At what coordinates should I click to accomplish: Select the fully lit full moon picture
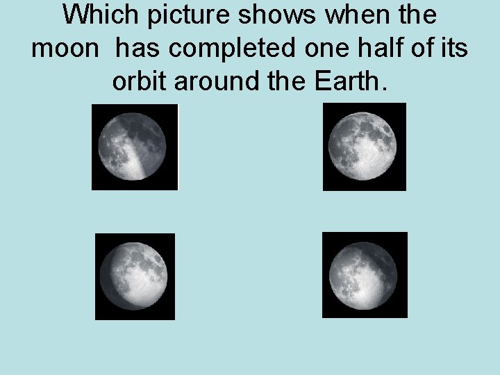pos(364,147)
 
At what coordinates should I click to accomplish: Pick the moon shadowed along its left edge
pos(135,276)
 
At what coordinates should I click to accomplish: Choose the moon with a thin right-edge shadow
pos(364,275)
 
